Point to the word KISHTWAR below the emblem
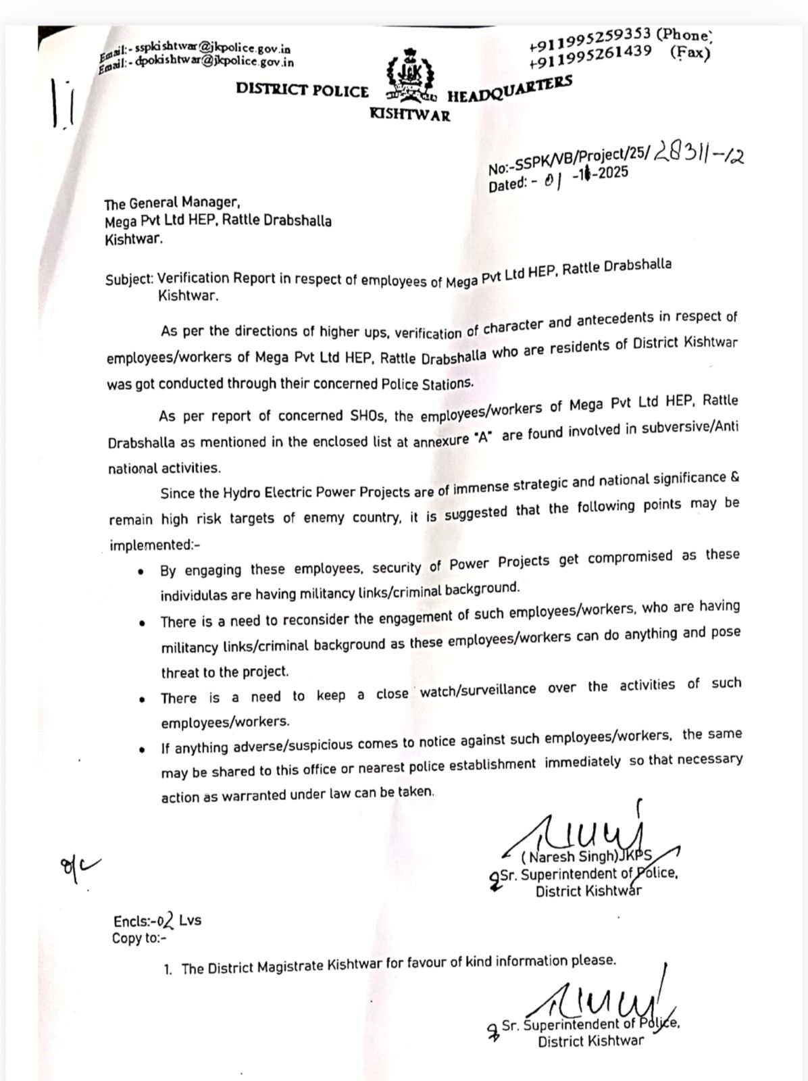(409, 115)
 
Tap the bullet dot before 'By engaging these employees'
(141, 572)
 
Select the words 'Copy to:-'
(139, 938)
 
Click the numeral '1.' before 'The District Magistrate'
(168, 970)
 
